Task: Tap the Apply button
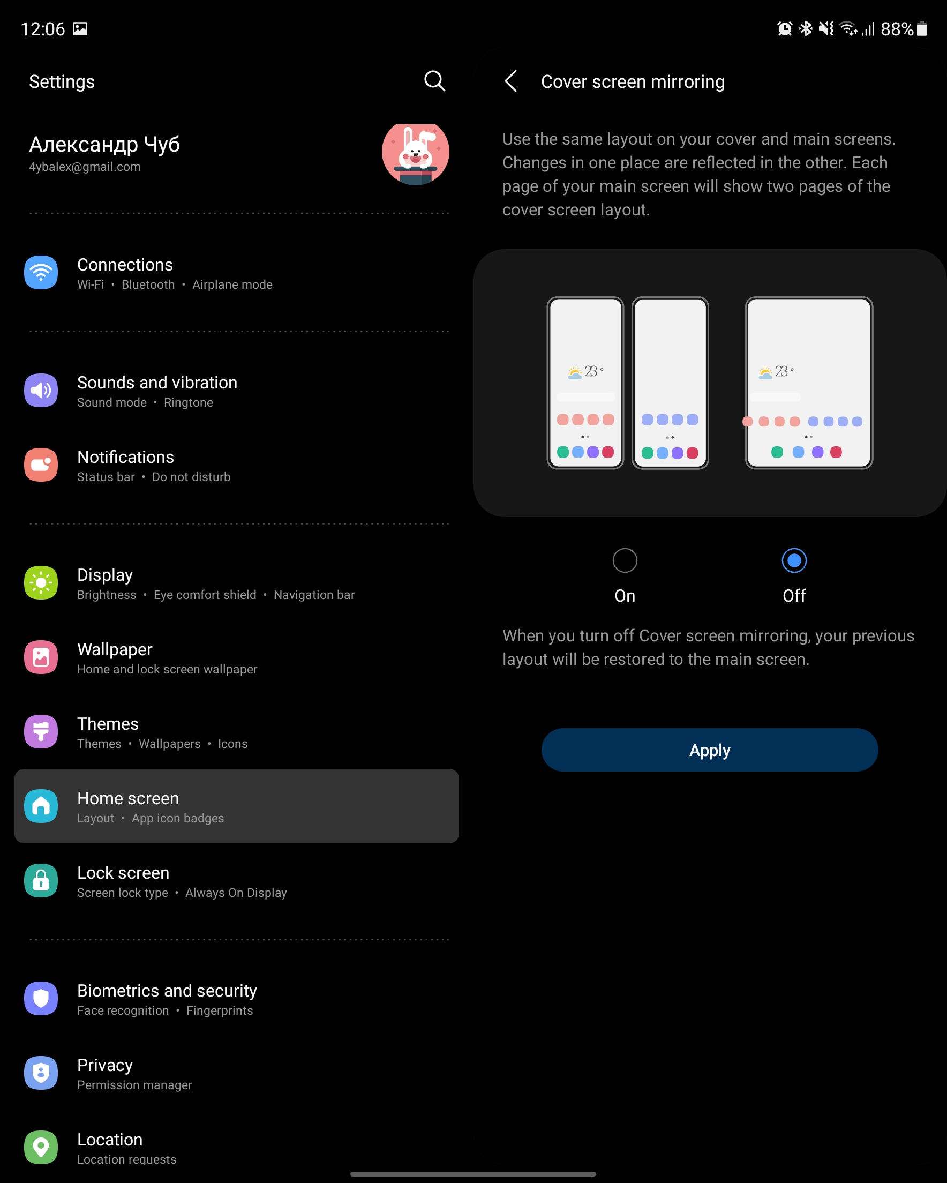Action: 709,750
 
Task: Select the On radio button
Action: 625,560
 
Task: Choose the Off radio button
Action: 794,560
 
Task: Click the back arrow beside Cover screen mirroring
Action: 511,81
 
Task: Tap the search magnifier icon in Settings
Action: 434,81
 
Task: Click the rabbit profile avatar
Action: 415,153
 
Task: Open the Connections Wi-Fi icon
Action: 41,272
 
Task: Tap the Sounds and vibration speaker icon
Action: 41,390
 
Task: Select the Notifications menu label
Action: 126,457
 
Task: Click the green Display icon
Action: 41,583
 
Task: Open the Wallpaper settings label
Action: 115,649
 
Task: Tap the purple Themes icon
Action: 41,731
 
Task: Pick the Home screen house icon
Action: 41,806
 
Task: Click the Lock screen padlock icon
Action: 41,881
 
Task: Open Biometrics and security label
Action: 167,991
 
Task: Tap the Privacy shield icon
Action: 41,1073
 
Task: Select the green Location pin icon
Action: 41,1147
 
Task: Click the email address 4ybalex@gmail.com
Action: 85,167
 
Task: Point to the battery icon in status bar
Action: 922,28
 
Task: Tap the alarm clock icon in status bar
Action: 785,28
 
